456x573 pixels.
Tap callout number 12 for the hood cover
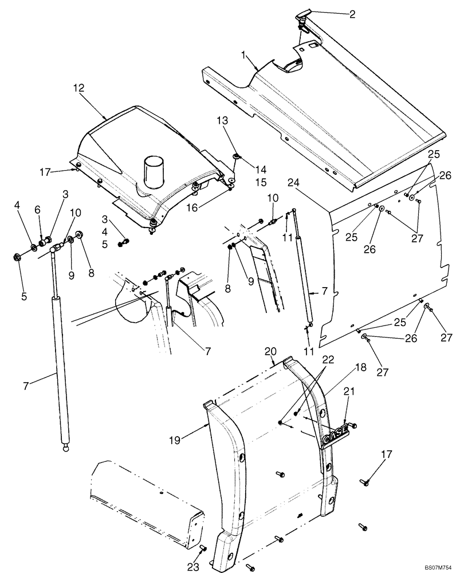(x=78, y=88)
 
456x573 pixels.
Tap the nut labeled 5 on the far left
(x=16, y=256)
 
